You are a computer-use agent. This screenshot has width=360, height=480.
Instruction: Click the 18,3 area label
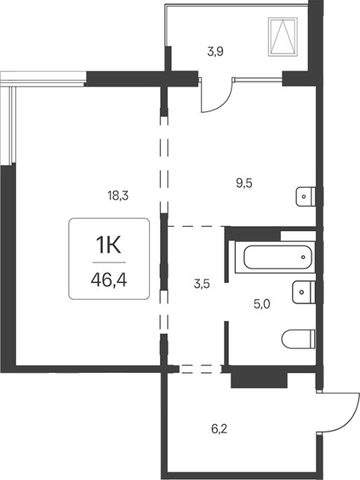(118, 196)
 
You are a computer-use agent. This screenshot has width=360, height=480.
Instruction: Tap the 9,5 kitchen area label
(244, 183)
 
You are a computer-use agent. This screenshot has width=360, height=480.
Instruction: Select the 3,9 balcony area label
(215, 51)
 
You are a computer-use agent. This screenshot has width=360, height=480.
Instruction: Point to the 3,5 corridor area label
(202, 284)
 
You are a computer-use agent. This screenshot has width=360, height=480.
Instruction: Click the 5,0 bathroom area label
(262, 304)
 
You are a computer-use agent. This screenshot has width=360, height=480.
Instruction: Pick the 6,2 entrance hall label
(219, 429)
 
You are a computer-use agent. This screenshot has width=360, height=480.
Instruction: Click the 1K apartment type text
(109, 245)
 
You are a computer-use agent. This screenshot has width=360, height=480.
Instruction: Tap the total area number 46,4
(109, 280)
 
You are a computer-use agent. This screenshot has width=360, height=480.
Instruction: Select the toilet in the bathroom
(298, 339)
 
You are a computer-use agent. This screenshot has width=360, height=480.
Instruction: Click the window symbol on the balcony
(283, 36)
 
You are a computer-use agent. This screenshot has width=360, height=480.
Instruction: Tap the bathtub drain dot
(303, 257)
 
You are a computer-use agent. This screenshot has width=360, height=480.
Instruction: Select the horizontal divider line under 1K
(109, 262)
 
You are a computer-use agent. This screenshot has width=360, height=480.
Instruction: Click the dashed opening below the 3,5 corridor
(200, 369)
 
